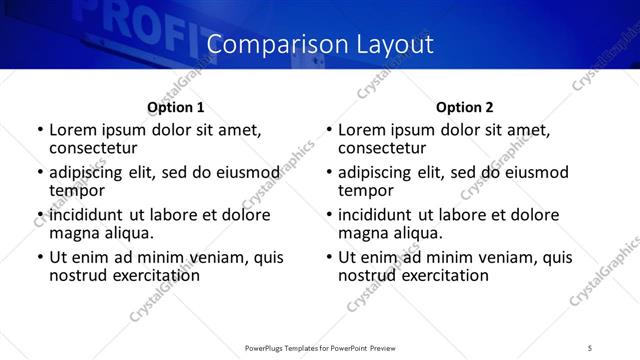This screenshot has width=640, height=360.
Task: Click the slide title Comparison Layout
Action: point(320,45)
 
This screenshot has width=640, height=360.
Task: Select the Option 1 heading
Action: point(176,107)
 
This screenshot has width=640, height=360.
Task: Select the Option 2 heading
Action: point(464,107)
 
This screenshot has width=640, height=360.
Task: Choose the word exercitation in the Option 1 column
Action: point(148,275)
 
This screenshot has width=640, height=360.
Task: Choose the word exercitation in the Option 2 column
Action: point(437,275)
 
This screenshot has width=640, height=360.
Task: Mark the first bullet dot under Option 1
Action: point(39,130)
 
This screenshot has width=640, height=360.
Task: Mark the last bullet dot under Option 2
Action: point(328,258)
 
